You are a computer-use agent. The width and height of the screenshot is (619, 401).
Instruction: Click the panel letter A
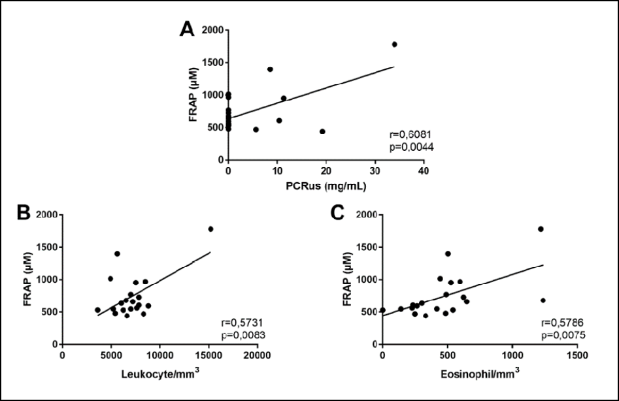click(x=188, y=30)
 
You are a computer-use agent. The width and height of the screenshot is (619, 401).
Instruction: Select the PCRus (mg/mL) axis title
click(x=325, y=186)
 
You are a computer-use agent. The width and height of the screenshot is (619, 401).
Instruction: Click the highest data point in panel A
click(x=394, y=44)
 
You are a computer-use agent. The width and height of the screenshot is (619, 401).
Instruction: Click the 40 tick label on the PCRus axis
click(x=424, y=171)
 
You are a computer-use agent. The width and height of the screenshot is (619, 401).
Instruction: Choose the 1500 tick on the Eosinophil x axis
click(x=576, y=356)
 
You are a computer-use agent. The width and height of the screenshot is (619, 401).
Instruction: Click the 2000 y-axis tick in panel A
click(x=211, y=30)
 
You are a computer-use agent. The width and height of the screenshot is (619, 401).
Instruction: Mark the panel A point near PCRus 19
click(x=322, y=131)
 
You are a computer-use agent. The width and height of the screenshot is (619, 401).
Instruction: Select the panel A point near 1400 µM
click(x=270, y=69)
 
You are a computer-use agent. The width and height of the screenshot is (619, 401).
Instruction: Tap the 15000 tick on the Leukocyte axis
click(x=207, y=356)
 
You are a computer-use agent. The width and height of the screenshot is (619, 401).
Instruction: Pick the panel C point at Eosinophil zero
click(x=382, y=310)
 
